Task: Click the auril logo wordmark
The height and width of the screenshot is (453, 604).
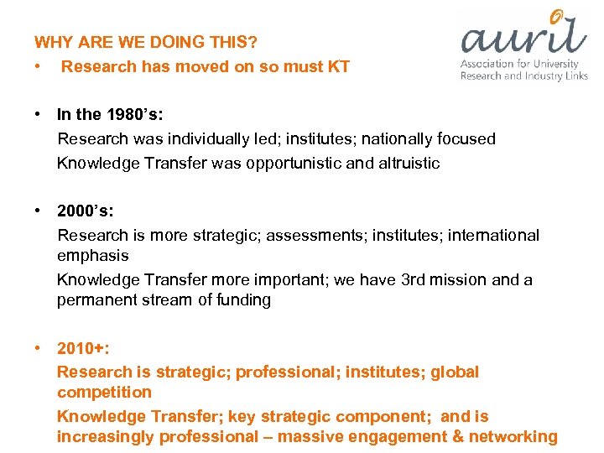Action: [523, 38]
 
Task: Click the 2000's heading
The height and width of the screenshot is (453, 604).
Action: [85, 211]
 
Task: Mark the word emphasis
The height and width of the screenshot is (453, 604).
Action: [93, 255]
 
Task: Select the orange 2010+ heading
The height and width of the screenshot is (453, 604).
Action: [83, 348]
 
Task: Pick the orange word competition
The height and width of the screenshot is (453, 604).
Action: [104, 392]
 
